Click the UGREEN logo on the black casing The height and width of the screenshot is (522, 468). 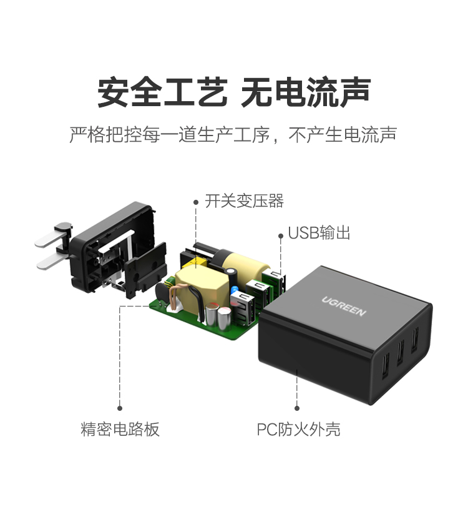[344, 304]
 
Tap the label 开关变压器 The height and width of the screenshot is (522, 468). [245, 201]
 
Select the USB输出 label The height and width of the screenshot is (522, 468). [319, 234]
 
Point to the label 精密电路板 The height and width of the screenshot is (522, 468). [120, 430]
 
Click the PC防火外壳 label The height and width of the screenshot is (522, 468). [298, 430]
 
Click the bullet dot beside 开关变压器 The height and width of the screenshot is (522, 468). [196, 202]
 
